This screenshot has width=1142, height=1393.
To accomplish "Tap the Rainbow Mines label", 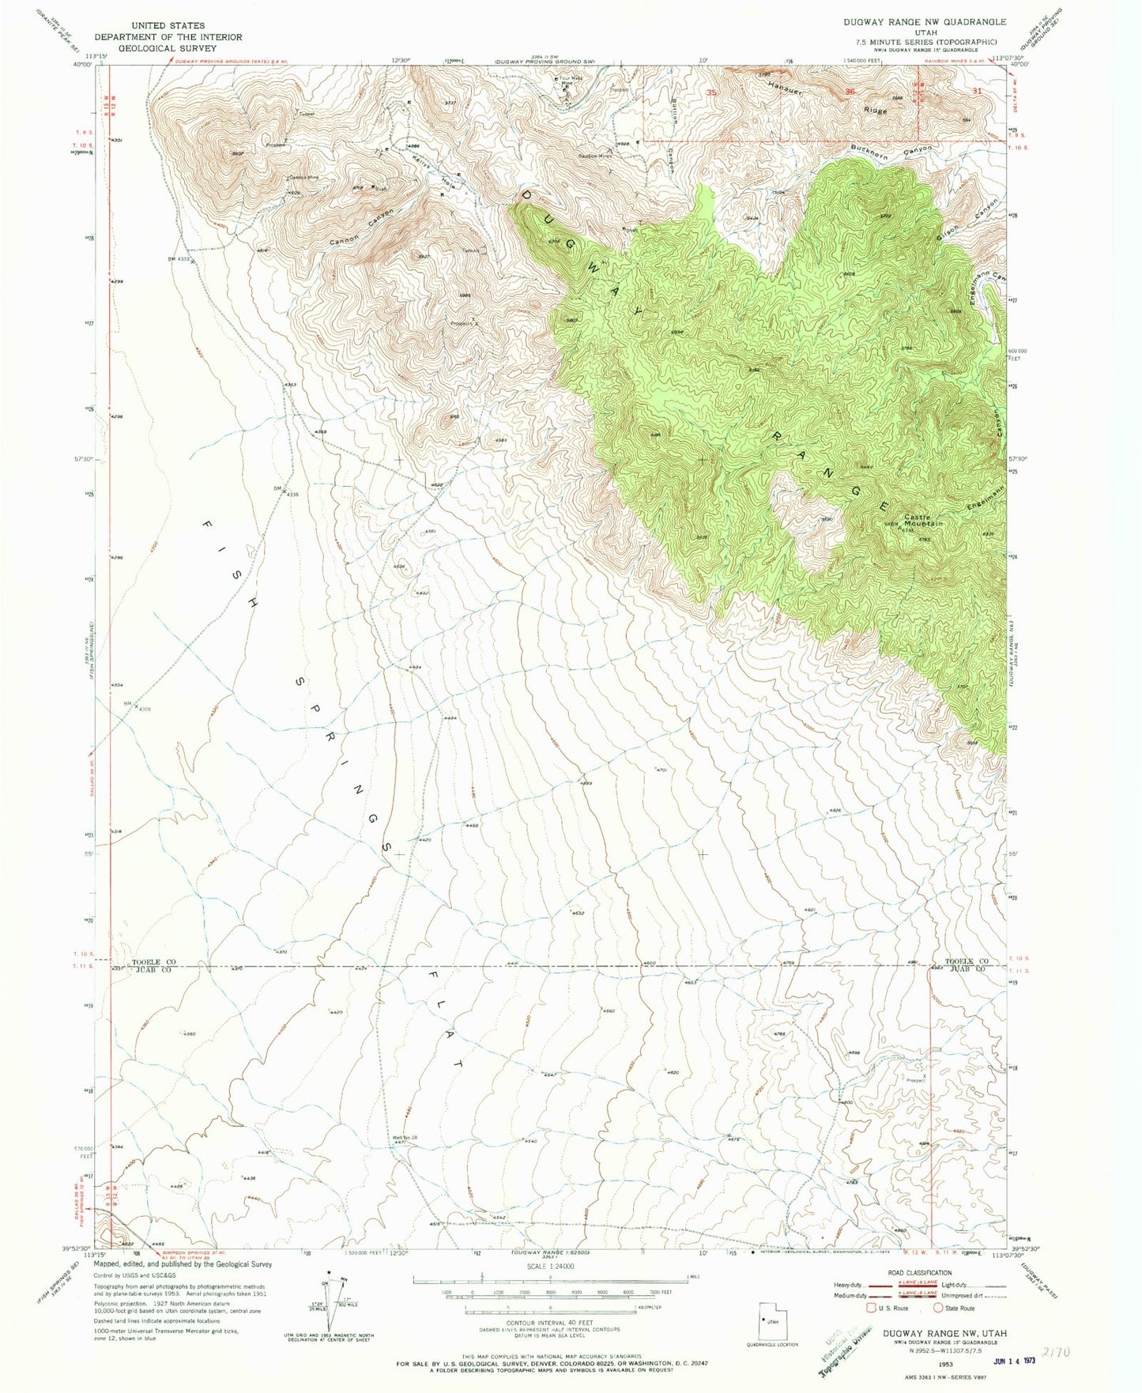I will (x=595, y=156).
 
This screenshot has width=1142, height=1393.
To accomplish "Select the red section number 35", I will (x=711, y=92).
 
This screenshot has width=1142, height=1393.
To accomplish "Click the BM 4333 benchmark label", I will (x=179, y=258).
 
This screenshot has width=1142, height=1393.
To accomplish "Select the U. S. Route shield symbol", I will (x=873, y=1329).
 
